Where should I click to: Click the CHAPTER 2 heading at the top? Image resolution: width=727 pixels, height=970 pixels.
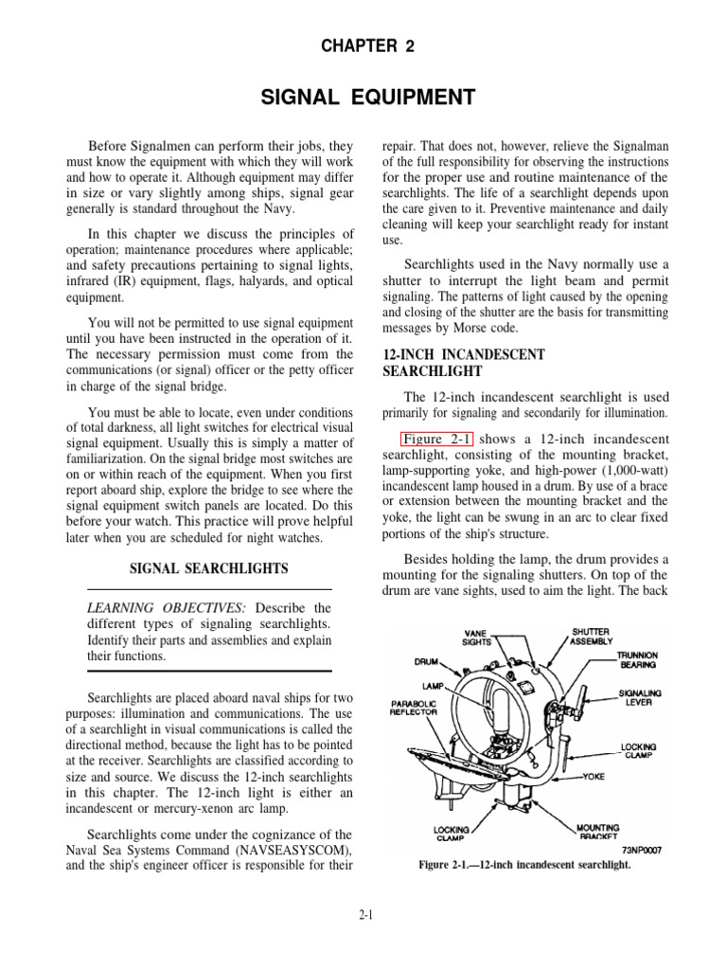click(x=363, y=46)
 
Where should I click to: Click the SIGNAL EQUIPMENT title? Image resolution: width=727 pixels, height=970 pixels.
click(x=363, y=97)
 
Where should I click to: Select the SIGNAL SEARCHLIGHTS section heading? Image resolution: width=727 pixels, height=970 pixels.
click(x=209, y=568)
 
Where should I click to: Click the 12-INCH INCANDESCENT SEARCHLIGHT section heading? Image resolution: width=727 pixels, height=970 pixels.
click(x=463, y=363)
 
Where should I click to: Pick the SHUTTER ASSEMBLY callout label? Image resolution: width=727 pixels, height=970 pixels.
click(x=590, y=636)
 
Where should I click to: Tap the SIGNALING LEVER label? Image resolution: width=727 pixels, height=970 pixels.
click(x=640, y=698)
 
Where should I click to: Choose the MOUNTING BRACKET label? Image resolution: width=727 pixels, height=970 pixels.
click(x=598, y=832)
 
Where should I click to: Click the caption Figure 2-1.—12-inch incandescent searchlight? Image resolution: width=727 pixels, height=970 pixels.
click(x=524, y=866)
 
